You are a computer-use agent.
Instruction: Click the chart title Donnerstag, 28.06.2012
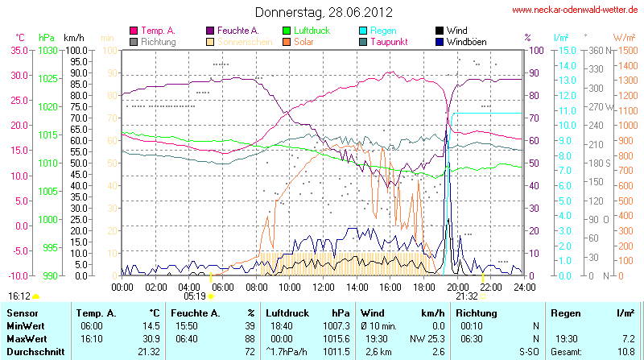click(x=324, y=12)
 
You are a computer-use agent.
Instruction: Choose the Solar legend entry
click(x=303, y=41)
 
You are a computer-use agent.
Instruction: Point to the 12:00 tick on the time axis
click(x=324, y=286)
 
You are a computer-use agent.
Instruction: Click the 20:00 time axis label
click(x=457, y=286)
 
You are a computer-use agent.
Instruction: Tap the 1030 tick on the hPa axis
click(x=48, y=50)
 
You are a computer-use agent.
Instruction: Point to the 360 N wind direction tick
click(x=597, y=50)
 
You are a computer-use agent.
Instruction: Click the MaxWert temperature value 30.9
click(x=148, y=338)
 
